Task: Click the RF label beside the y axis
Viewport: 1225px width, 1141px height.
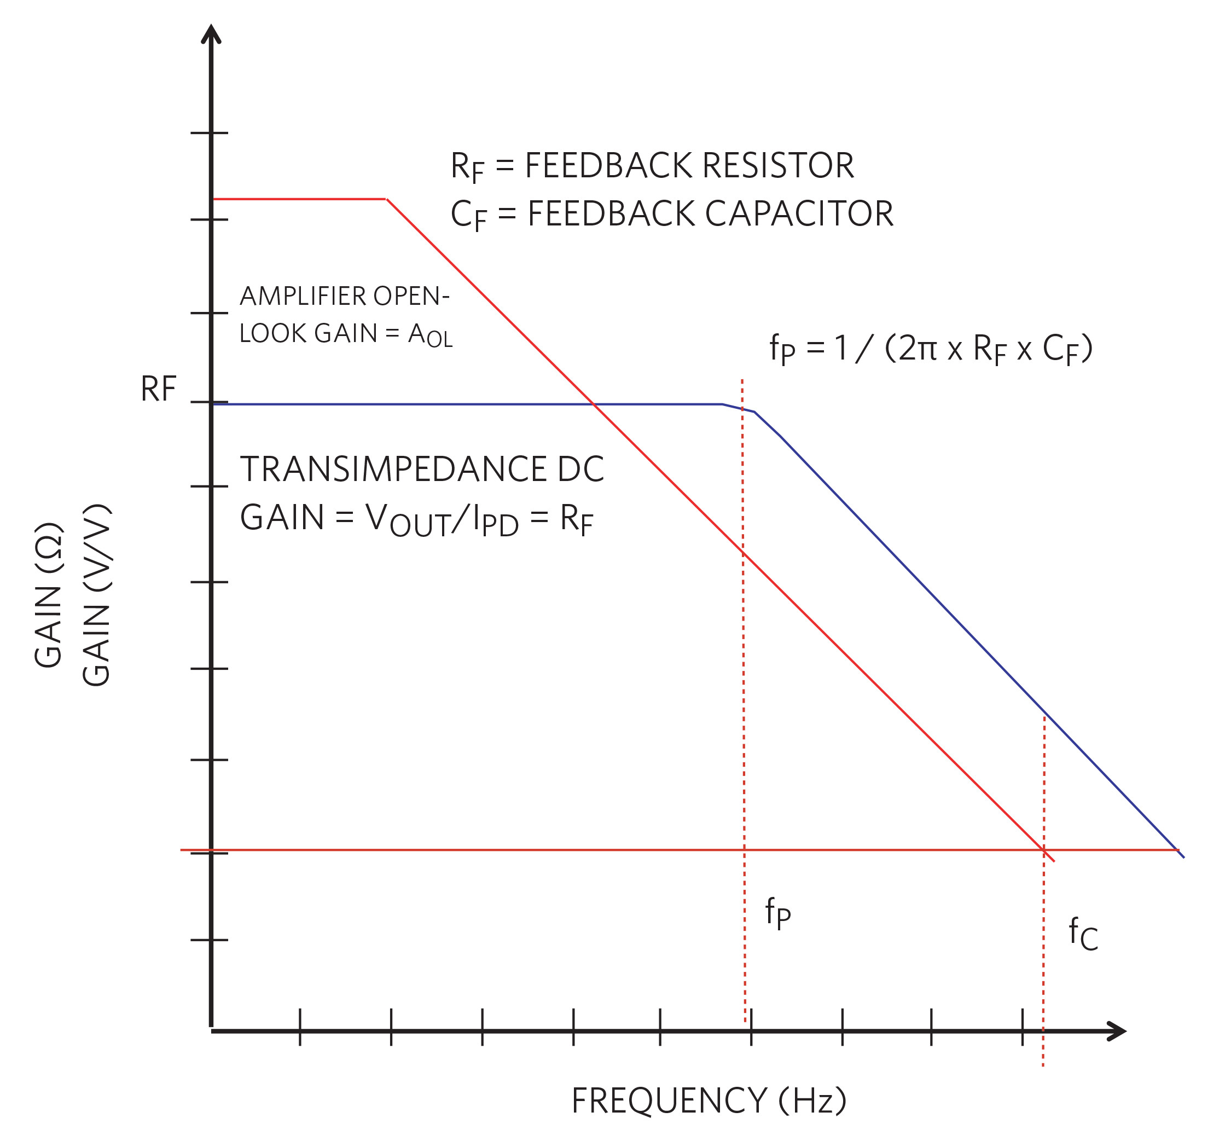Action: point(158,389)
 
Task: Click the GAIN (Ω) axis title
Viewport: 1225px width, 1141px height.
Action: point(48,595)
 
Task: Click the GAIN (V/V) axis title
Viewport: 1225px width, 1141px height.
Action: point(97,595)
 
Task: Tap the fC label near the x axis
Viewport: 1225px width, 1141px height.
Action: point(1083,934)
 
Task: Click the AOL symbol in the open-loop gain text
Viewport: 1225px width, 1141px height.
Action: point(430,335)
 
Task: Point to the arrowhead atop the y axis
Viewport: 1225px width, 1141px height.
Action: point(211,33)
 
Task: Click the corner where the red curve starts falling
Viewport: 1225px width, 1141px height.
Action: point(387,200)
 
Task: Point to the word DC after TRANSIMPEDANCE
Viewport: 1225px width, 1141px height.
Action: point(580,469)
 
